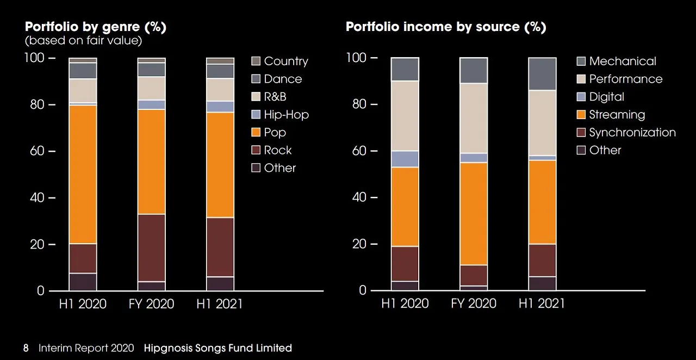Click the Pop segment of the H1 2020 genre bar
(83, 174)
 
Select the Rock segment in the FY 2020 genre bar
(151, 247)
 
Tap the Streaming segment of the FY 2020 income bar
(473, 213)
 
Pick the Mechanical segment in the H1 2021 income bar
(542, 73)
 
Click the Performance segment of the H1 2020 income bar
(405, 116)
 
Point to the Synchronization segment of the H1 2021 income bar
(542, 260)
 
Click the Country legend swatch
(256, 61)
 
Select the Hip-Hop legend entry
(286, 114)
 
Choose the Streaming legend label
(617, 114)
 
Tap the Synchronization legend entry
(632, 132)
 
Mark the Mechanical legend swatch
(581, 61)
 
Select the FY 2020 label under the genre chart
(151, 303)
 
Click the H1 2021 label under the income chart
(542, 303)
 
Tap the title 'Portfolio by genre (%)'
(95, 27)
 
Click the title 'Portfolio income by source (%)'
(446, 27)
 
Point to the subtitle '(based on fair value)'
(83, 40)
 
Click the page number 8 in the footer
(26, 348)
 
